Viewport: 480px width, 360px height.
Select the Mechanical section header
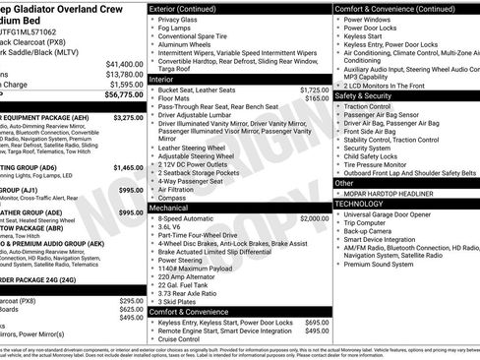[173, 208]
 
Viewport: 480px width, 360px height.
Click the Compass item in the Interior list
[172, 198]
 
